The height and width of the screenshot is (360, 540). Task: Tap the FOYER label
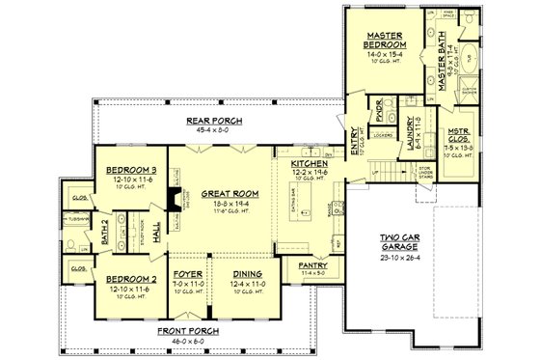pyautogui.click(x=188, y=274)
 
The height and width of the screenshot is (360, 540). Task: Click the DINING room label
pyautogui.click(x=242, y=274)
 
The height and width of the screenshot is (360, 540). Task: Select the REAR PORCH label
pyautogui.click(x=213, y=120)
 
